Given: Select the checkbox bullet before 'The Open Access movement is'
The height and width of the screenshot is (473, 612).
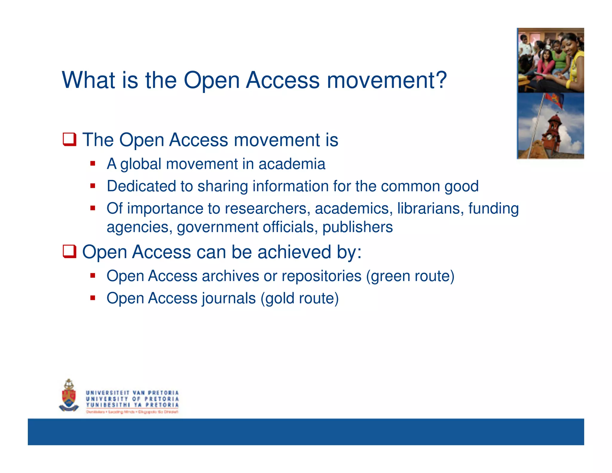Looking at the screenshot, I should click(x=69, y=140).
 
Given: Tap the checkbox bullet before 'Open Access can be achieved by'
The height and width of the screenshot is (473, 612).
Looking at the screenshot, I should click(x=69, y=251).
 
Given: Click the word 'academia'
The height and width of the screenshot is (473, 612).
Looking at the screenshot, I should click(x=292, y=164).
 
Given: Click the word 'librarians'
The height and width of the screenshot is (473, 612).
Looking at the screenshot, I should click(x=430, y=208).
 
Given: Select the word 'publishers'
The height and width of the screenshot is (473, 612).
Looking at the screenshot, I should click(x=357, y=227).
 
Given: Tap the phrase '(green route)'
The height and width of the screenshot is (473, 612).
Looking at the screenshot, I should click(x=410, y=276).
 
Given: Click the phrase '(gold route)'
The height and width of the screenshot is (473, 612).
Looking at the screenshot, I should click(x=299, y=298).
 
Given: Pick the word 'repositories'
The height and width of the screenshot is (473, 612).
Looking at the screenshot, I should click(x=322, y=276).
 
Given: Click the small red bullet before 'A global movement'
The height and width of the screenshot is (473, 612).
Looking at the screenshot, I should click(x=93, y=164).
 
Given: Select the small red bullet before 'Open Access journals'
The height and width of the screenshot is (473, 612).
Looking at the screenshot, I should click(x=93, y=298).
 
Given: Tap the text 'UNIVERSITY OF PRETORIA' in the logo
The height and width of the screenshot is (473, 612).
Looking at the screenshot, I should click(x=132, y=399).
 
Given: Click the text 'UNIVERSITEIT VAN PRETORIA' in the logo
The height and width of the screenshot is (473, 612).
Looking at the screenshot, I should click(x=132, y=393).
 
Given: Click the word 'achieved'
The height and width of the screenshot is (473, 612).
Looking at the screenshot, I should click(x=294, y=252).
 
